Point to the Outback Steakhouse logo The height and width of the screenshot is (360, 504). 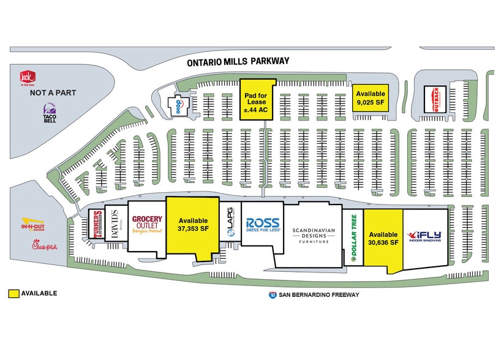pyautogui.click(x=436, y=99)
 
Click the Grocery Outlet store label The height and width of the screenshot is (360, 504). pyautogui.click(x=147, y=225)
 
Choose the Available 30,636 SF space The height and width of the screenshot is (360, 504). pyautogui.click(x=383, y=238)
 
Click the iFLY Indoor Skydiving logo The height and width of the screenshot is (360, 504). pyautogui.click(x=424, y=236)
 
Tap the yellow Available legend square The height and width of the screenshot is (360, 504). pyautogui.click(x=12, y=293)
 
